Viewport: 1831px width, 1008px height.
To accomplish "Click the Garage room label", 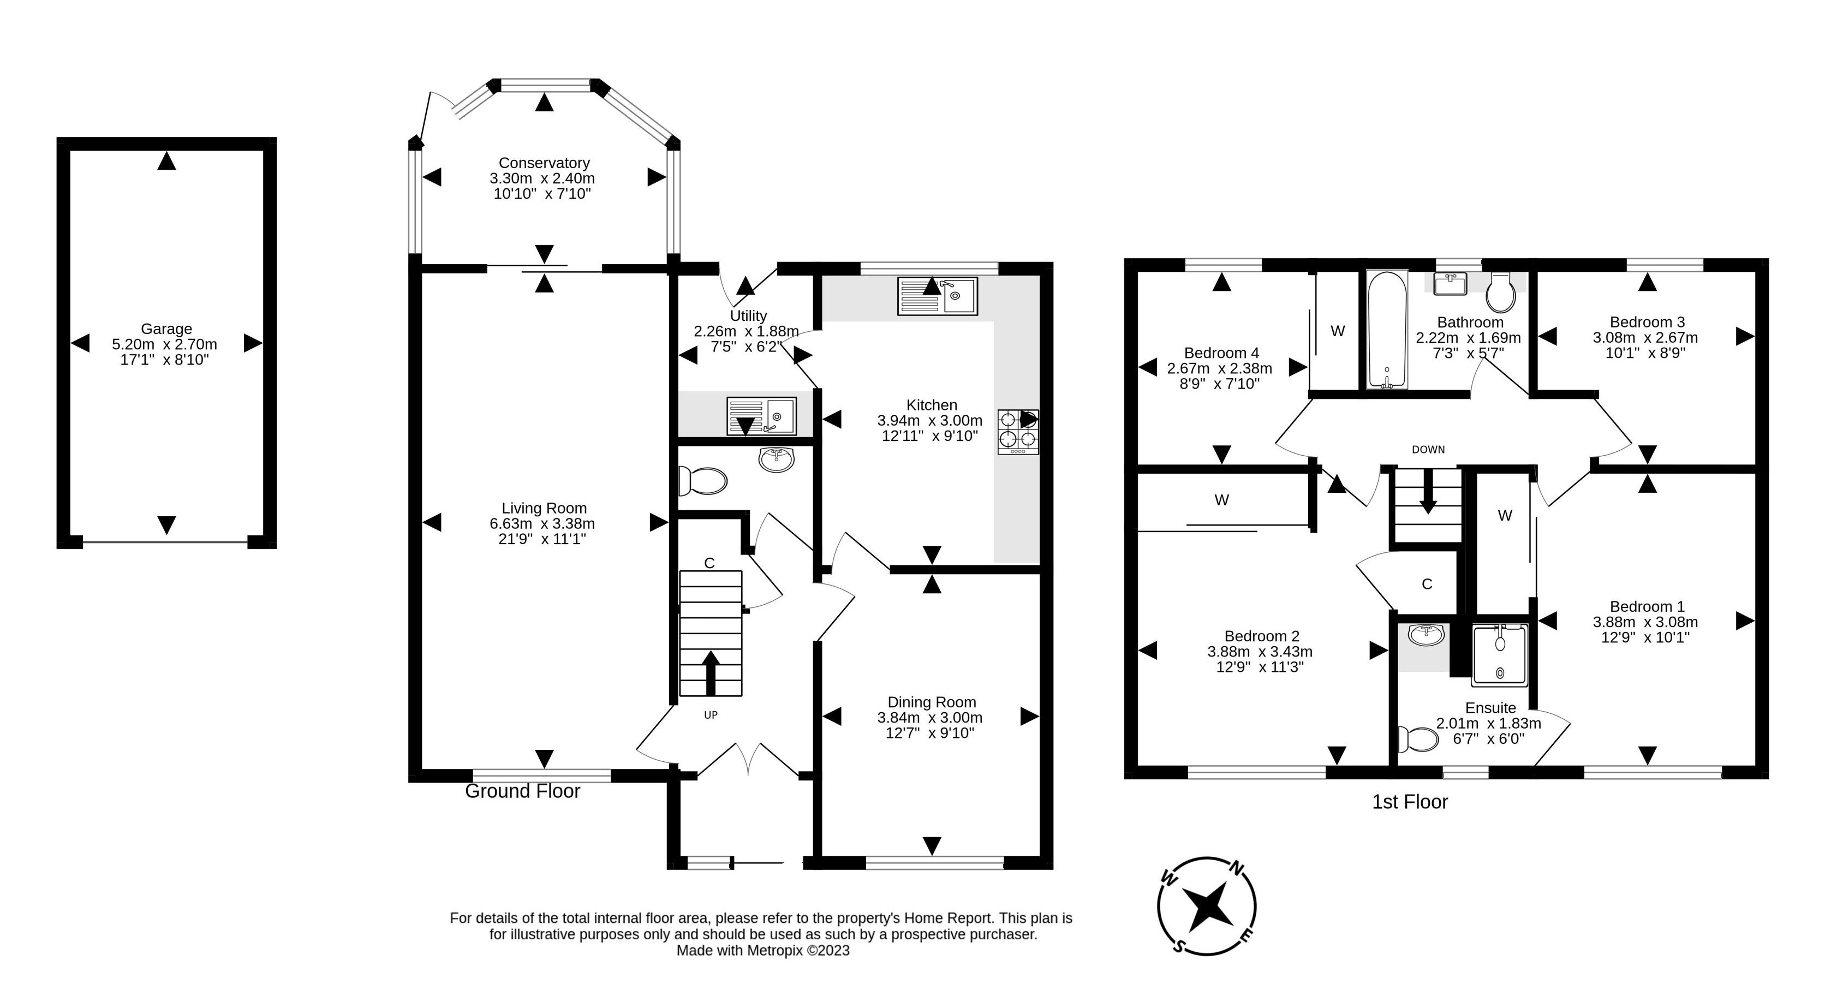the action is [x=166, y=329].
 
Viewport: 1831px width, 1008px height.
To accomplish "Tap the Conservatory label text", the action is [x=544, y=163].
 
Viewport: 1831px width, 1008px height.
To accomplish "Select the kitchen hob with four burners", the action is [x=1018, y=432].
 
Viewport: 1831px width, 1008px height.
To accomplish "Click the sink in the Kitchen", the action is [x=938, y=296].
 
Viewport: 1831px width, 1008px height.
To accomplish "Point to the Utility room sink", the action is [x=761, y=416].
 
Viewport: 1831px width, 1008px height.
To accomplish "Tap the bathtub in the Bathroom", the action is [x=1387, y=330].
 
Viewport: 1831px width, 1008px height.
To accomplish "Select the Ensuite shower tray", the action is [x=1499, y=655].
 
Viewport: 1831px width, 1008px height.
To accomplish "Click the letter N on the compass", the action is [x=1237, y=868].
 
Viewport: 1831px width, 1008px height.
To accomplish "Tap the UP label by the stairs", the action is [x=711, y=715].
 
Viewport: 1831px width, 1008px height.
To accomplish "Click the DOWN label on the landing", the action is [x=1428, y=449].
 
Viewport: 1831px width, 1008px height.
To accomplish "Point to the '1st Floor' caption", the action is [x=1410, y=802].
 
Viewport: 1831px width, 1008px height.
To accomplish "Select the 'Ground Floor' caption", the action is [x=522, y=791].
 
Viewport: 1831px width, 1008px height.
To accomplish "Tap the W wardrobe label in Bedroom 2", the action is [x=1222, y=500].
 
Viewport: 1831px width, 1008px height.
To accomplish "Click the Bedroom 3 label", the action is [x=1647, y=322].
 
